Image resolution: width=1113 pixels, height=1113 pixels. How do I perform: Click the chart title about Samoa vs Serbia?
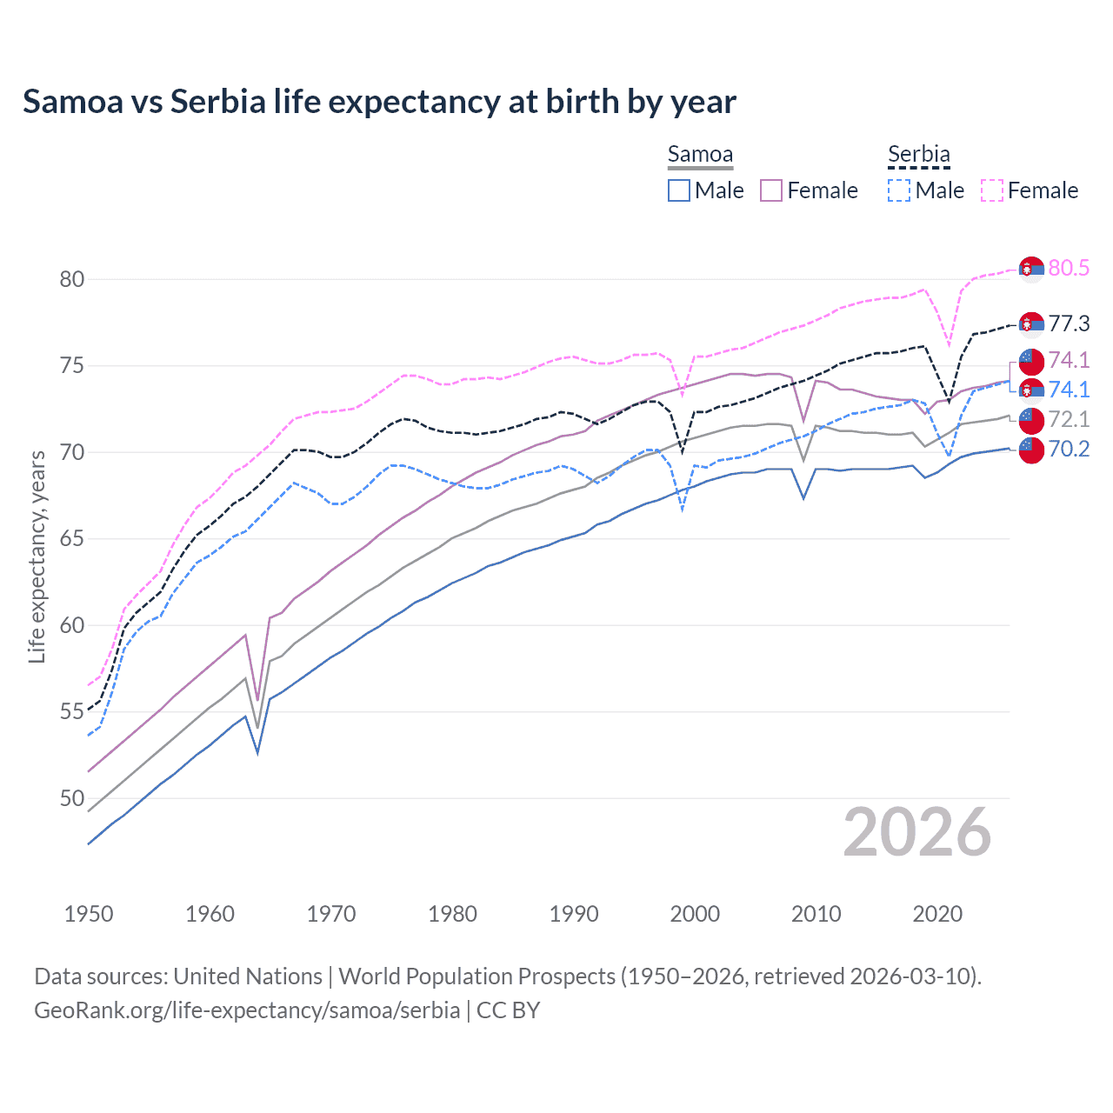(x=379, y=102)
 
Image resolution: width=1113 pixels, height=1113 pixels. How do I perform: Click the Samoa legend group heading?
(x=700, y=155)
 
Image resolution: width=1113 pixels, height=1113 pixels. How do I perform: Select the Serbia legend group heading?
(x=918, y=155)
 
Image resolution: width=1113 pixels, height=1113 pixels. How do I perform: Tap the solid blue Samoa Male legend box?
(x=679, y=190)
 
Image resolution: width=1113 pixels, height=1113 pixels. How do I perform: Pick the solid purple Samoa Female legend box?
(x=771, y=190)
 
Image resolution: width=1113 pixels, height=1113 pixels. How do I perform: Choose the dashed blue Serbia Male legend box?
(x=899, y=190)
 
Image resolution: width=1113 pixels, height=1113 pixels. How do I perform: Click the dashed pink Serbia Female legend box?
(x=992, y=190)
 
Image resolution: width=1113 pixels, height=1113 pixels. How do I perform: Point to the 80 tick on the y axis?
(x=72, y=279)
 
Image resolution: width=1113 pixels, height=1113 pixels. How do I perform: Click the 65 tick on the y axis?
(x=72, y=539)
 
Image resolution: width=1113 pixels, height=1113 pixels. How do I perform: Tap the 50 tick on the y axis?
(x=72, y=798)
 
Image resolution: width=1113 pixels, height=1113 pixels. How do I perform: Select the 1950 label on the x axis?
(x=89, y=914)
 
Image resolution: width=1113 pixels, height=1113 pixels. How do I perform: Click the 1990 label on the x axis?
(x=574, y=914)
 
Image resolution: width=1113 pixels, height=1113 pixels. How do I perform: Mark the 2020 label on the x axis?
(x=937, y=914)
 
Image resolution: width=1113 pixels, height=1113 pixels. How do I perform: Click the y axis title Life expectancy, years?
(x=37, y=556)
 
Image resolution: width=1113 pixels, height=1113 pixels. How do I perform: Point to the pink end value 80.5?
(x=1069, y=269)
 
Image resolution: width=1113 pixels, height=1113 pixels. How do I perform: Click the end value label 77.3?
(x=1069, y=324)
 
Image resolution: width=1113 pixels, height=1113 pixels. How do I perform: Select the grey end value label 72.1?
(x=1069, y=419)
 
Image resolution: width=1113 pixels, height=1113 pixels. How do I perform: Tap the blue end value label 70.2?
(x=1069, y=449)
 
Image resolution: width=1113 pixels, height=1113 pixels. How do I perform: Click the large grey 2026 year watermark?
(x=917, y=832)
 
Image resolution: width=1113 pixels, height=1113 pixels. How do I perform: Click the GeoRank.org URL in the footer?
(x=247, y=1010)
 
